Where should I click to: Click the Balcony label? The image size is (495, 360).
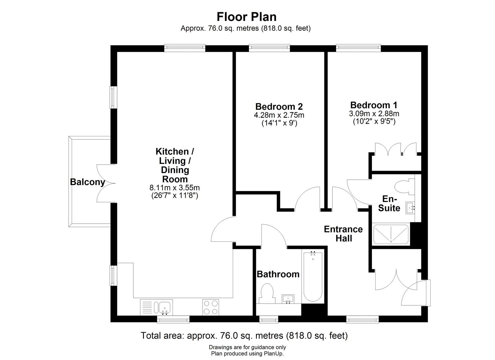87,182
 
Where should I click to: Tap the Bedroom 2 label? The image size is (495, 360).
279,107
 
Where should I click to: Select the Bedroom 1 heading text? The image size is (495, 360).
374,105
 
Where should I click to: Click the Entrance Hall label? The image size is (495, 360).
343,234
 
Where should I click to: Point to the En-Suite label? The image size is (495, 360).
389,203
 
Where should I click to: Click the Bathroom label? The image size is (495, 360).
278,274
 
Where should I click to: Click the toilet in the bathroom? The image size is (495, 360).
267,293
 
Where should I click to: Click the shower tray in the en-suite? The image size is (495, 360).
391,234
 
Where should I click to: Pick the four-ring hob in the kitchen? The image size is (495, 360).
211,307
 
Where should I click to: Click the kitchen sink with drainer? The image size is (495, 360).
156,307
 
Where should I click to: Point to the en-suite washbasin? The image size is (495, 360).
410,208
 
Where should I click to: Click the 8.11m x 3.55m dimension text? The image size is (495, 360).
175,188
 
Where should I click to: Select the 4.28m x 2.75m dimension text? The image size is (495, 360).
279,115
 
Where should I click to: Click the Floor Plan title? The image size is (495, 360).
246,17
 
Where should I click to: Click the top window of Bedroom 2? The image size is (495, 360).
269,48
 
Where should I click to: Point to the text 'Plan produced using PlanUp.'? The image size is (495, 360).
247,354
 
